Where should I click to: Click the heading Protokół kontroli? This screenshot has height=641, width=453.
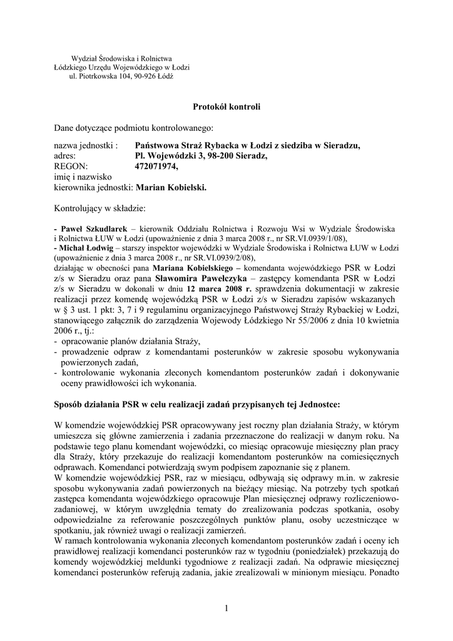226,107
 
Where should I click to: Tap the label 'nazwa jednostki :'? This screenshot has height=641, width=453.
86,146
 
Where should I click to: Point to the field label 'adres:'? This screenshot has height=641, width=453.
65,156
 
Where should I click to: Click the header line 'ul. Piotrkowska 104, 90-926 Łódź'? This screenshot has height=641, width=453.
121,76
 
